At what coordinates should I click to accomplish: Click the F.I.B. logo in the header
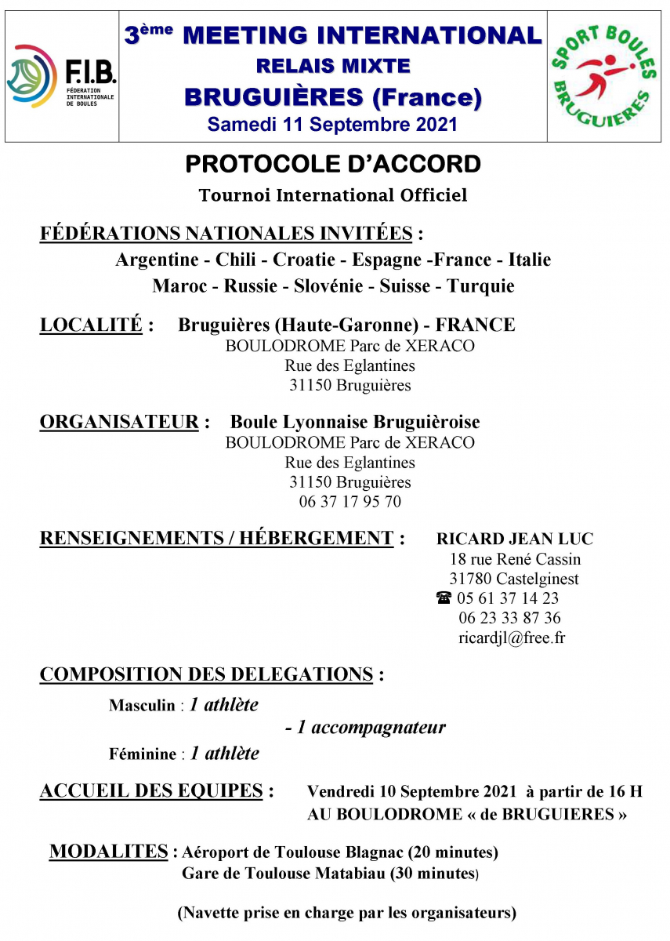(61, 76)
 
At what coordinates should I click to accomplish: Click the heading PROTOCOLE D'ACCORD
(332, 164)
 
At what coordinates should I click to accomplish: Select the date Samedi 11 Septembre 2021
(332, 124)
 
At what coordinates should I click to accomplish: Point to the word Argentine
(161, 260)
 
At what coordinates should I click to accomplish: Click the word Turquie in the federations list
(480, 286)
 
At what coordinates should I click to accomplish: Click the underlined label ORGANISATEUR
(119, 422)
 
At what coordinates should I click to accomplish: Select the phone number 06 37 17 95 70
(349, 502)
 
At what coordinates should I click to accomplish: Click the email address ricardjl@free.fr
(512, 638)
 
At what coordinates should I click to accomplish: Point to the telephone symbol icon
(444, 598)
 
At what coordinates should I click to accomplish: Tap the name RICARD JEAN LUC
(515, 539)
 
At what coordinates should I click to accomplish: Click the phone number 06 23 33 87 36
(510, 618)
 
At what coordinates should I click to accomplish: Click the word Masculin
(143, 706)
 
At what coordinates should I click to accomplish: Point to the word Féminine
(143, 754)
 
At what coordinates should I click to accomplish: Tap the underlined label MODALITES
(109, 851)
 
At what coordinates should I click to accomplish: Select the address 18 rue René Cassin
(515, 559)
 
